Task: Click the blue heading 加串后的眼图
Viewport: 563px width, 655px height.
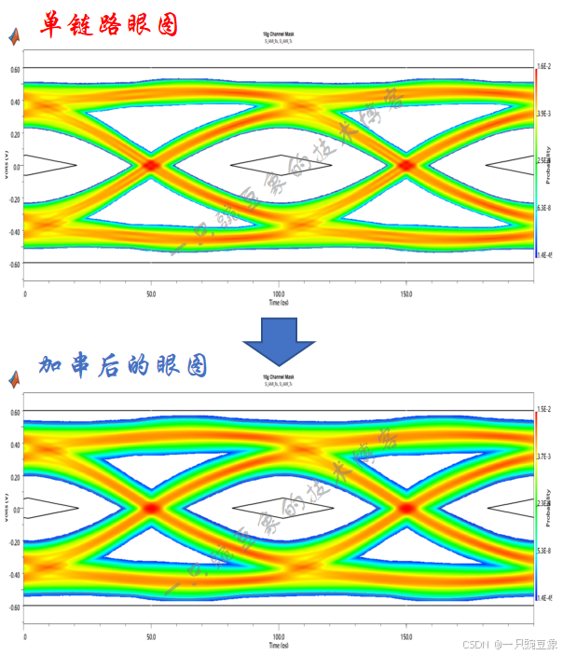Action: [122, 366]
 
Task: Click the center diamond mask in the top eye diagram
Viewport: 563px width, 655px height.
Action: [279, 164]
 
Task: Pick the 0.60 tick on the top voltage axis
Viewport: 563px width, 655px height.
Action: [15, 70]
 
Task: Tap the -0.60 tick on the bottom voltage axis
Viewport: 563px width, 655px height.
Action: [14, 607]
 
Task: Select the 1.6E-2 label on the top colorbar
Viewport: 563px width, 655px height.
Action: [544, 67]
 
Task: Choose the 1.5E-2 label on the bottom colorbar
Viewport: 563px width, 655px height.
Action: [544, 410]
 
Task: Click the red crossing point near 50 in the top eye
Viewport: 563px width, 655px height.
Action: [151, 165]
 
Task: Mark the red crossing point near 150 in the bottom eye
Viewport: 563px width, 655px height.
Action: [406, 508]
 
